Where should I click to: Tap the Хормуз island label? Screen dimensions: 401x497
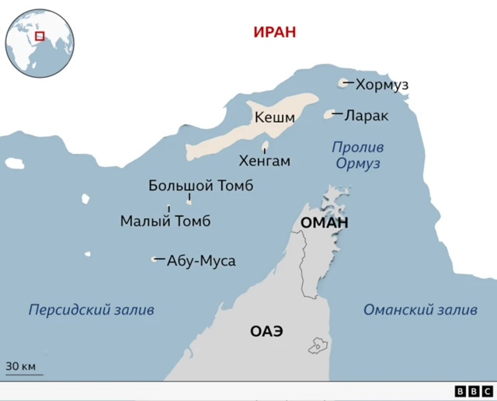coord(381,84)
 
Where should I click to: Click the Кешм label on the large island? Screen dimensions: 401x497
coord(275,118)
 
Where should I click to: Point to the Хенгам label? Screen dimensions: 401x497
coord(265,162)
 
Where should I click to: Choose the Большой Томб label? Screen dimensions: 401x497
coord(200,186)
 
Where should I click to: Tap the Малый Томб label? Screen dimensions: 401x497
coord(165,221)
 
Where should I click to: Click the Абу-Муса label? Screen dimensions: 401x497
coord(201,260)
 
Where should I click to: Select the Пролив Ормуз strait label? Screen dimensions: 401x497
coord(357,155)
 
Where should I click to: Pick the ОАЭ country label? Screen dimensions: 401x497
coord(266,331)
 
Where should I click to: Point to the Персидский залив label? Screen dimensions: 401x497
coord(92,310)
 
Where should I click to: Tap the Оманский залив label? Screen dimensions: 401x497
coord(420,310)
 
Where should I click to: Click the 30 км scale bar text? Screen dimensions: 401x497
coord(21,366)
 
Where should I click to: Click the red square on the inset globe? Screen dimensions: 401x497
coord(40,35)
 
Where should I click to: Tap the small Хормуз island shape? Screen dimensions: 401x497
coord(343,83)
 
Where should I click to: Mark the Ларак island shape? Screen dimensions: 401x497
coord(328,115)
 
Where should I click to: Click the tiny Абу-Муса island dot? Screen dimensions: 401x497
coord(154,260)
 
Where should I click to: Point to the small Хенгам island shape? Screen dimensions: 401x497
coord(265,145)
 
